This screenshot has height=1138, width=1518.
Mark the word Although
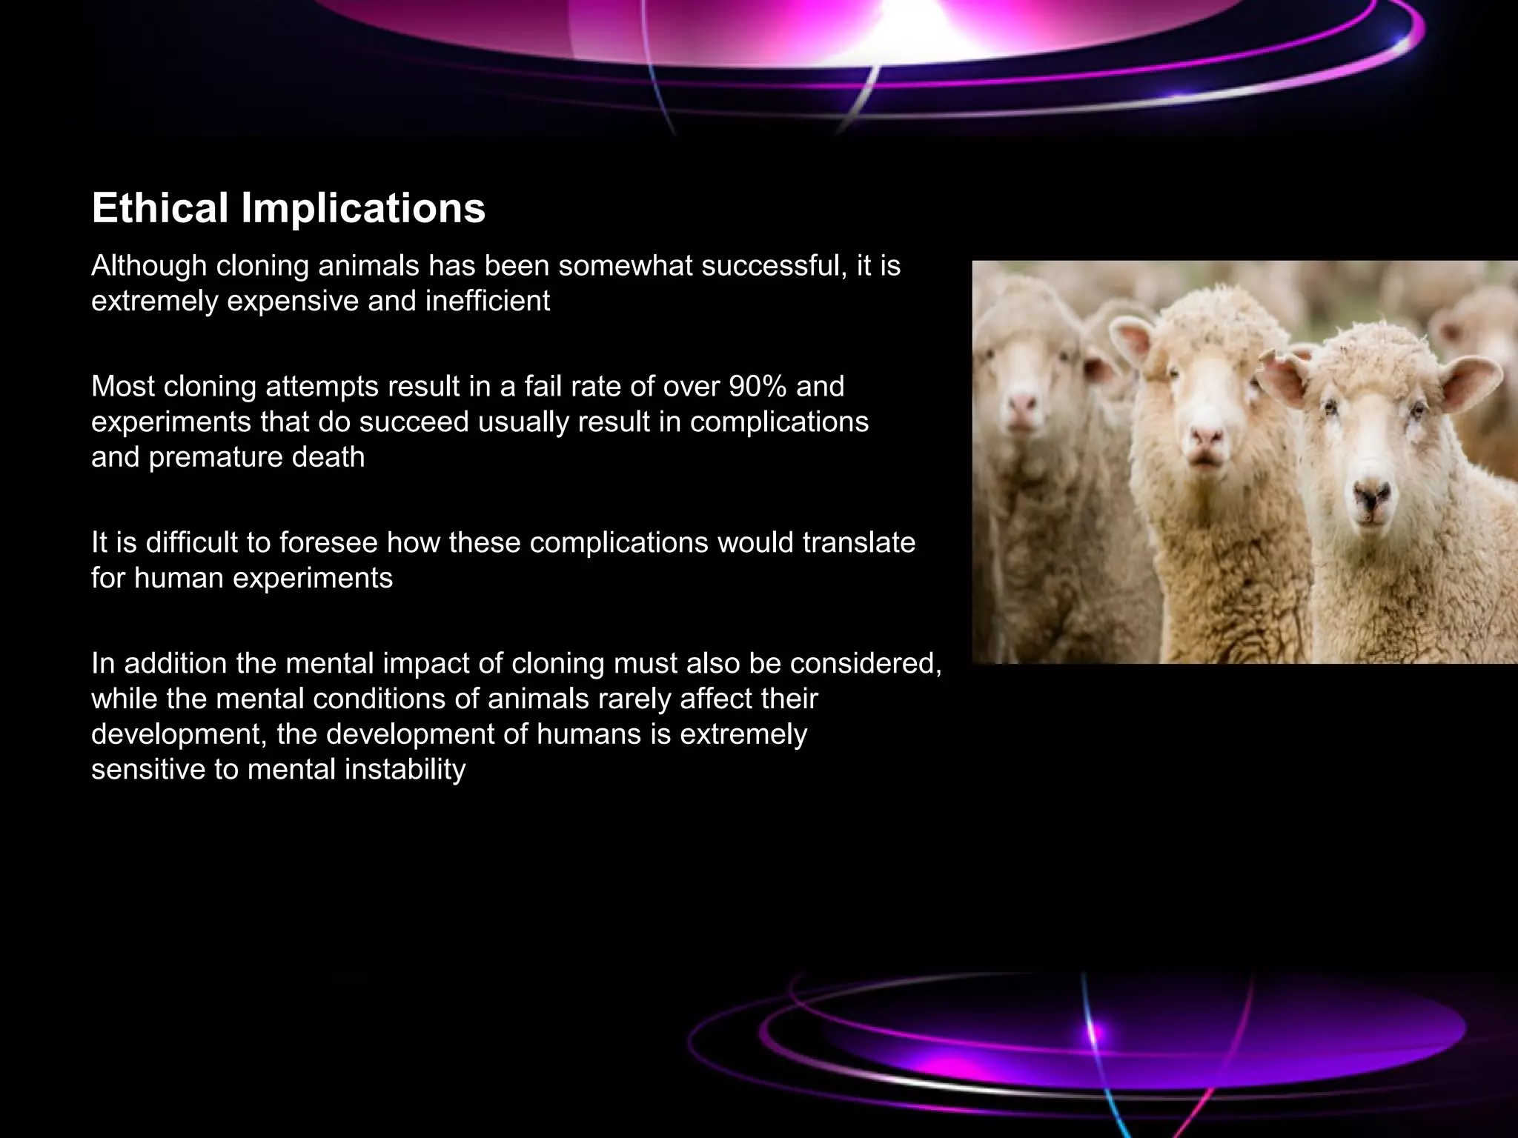pos(148,265)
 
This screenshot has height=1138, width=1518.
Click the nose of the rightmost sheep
pos(1373,494)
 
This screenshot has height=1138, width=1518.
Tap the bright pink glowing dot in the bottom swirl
pos(1094,1031)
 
